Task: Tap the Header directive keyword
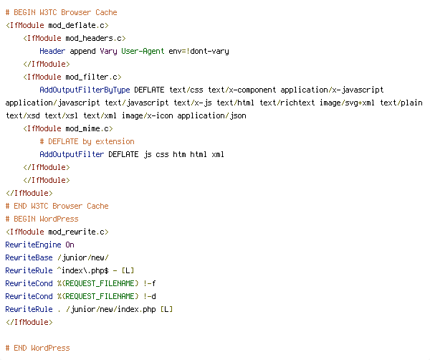(x=52, y=52)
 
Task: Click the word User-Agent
(x=143, y=52)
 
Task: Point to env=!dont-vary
(x=199, y=52)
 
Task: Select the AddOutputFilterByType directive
(x=85, y=90)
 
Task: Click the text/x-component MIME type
(x=242, y=90)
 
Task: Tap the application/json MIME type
(x=211, y=115)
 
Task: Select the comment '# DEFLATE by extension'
(x=87, y=141)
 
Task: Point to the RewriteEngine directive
(x=33, y=245)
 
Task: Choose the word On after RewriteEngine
(x=70, y=245)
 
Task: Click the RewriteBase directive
(x=29, y=257)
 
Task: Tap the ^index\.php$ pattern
(x=82, y=270)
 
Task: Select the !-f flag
(x=150, y=283)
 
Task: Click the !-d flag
(x=150, y=296)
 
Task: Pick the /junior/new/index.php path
(x=111, y=309)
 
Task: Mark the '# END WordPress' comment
(x=37, y=348)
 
